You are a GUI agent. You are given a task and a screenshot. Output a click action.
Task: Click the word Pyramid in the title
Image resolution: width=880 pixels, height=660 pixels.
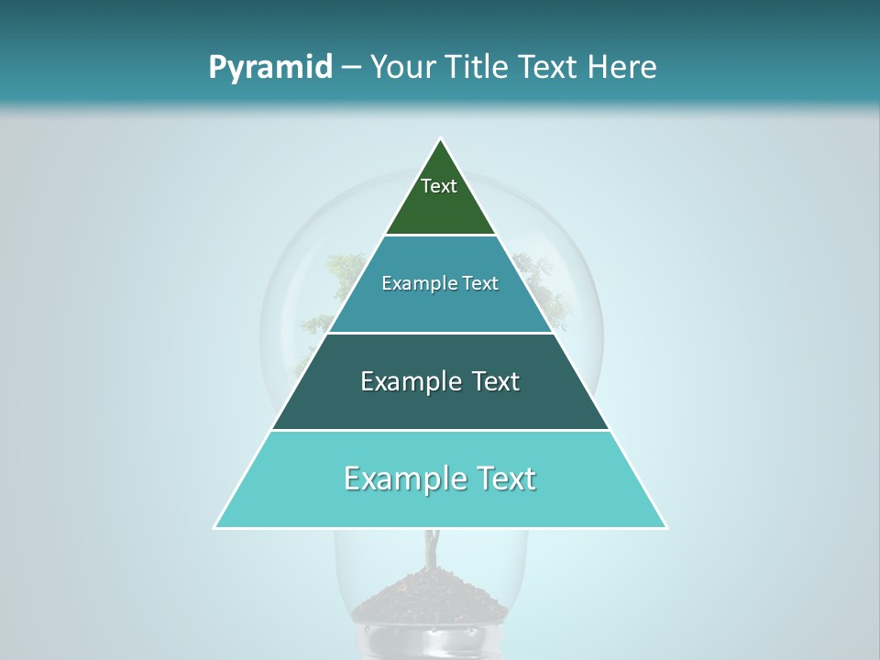(269, 68)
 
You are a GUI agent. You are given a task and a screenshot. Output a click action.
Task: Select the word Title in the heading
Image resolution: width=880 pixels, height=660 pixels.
(478, 67)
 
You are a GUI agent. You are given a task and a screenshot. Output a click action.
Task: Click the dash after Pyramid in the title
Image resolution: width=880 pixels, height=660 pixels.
(351, 68)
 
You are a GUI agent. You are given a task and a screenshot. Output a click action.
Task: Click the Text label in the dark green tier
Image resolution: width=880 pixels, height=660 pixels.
(439, 186)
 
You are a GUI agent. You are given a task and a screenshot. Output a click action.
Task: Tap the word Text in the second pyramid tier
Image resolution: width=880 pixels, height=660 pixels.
(480, 283)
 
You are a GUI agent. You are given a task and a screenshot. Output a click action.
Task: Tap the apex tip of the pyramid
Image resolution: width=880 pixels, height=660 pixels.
(441, 140)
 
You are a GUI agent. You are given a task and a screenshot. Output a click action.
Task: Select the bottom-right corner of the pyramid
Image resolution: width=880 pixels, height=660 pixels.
(665, 527)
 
